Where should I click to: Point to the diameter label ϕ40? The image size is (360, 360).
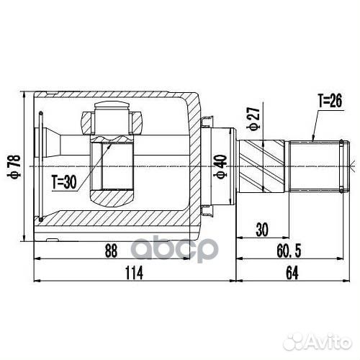220,168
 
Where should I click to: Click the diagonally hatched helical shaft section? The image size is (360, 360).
263,165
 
